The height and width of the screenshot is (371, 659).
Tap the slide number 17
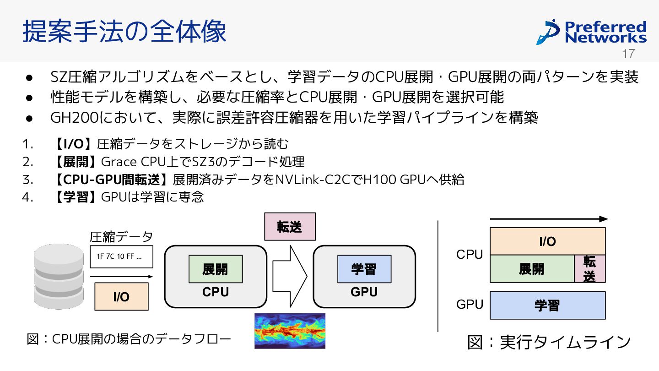pyautogui.click(x=628, y=54)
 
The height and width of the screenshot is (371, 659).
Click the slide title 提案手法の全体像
pyautogui.click(x=124, y=31)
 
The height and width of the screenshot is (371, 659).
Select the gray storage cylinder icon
pyautogui.click(x=59, y=276)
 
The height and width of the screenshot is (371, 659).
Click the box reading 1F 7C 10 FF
pyautogui.click(x=122, y=256)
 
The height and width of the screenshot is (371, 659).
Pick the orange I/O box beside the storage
pyautogui.click(x=122, y=296)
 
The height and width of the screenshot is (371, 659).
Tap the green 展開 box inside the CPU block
pyautogui.click(x=216, y=269)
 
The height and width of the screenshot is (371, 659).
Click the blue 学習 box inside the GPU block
pyautogui.click(x=364, y=269)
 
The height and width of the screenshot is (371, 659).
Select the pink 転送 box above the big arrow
pyautogui.click(x=290, y=227)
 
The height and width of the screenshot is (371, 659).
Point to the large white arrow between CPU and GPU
pyautogui.click(x=290, y=276)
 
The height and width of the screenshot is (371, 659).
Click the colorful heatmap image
pyautogui.click(x=290, y=331)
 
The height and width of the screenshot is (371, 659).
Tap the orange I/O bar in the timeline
pyautogui.click(x=547, y=241)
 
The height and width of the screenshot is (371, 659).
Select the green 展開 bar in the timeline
pyautogui.click(x=532, y=269)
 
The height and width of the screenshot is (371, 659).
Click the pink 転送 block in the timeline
pyautogui.click(x=590, y=269)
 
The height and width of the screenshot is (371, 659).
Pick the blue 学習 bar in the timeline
pyautogui.click(x=547, y=306)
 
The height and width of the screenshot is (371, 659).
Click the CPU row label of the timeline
pyautogui.click(x=470, y=254)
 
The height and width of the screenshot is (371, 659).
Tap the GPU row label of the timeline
pyautogui.click(x=470, y=304)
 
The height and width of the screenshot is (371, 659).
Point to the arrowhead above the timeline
pyautogui.click(x=604, y=219)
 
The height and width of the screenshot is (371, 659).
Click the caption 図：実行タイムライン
pyautogui.click(x=549, y=342)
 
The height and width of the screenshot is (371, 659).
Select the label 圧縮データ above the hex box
pyautogui.click(x=121, y=237)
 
